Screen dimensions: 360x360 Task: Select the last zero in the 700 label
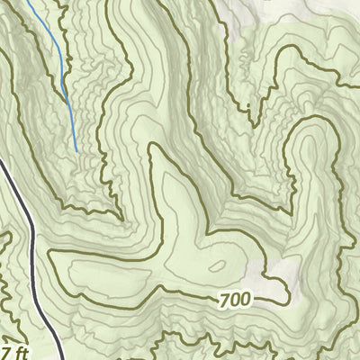tap(246, 298)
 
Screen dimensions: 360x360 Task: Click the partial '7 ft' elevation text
tap(8, 349)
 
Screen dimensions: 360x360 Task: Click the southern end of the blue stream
tap(76, 150)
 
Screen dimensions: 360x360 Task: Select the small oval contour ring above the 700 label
tap(217, 266)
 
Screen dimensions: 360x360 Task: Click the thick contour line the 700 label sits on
tap(180, 297)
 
